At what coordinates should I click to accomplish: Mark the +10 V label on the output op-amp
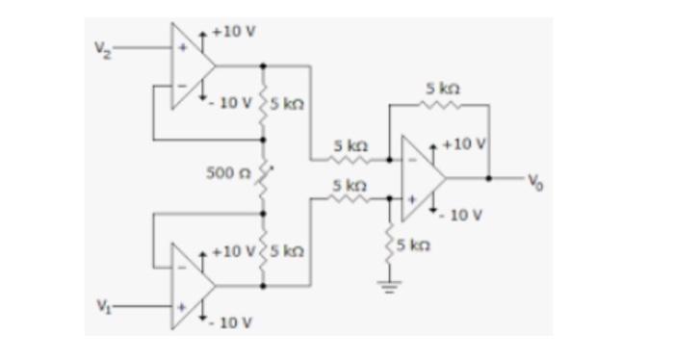(464, 144)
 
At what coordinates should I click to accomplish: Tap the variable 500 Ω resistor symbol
(263, 174)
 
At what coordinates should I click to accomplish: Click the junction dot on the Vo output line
(490, 177)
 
